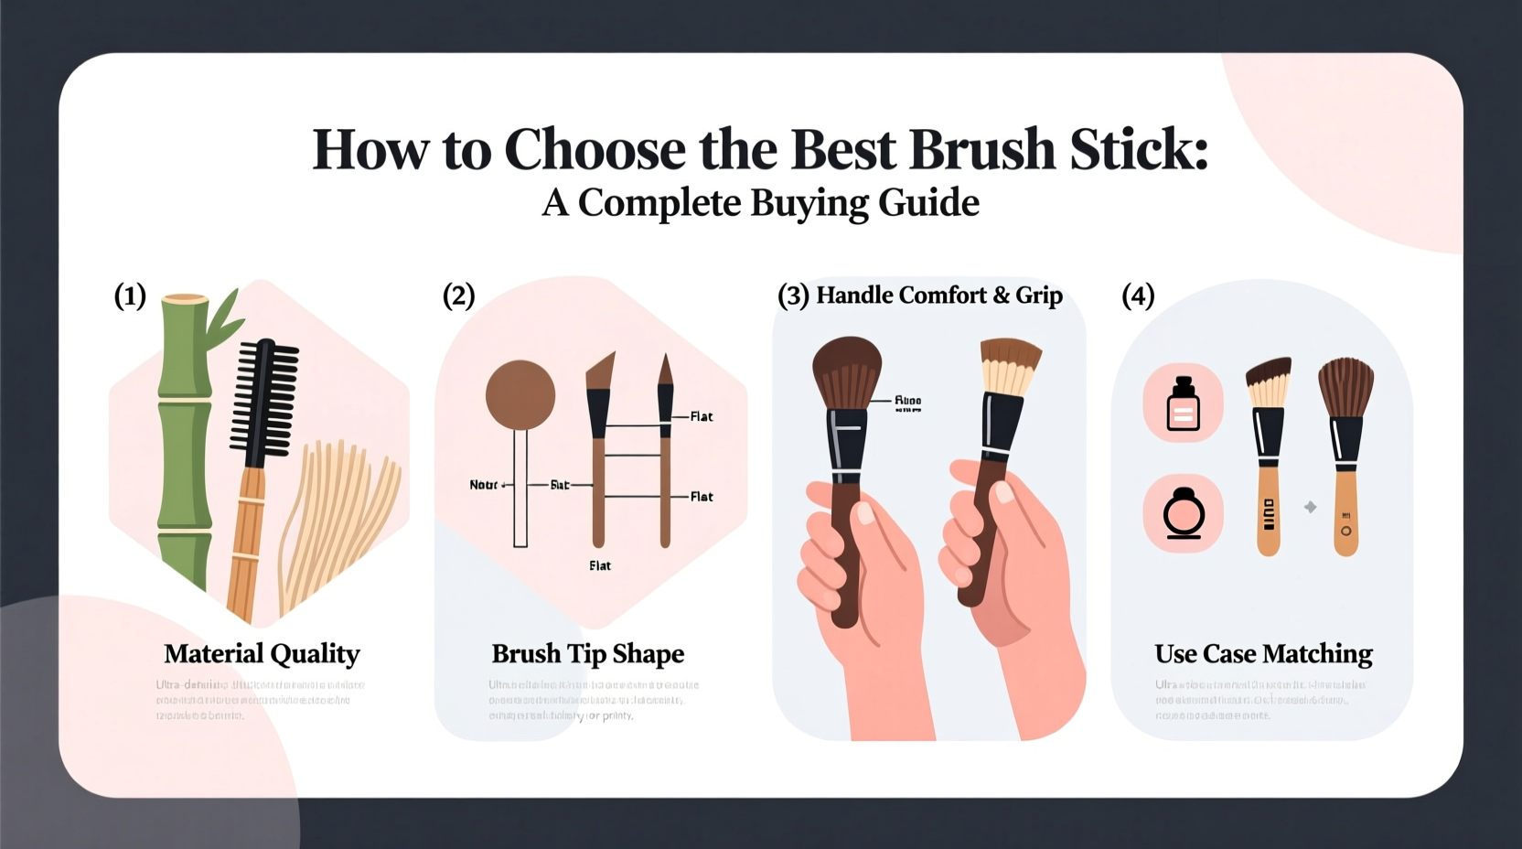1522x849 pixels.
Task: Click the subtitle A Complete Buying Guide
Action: (760, 203)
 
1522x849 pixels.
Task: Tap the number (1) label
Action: (130, 296)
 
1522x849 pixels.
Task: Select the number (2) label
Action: (458, 296)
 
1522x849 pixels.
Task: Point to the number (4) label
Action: (1138, 296)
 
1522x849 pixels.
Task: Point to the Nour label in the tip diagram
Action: (484, 485)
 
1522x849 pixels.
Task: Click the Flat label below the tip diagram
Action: (600, 565)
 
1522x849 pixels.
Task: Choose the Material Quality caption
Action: (262, 653)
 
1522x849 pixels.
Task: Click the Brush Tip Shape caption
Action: (587, 653)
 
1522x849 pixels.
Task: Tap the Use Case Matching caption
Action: (1263, 653)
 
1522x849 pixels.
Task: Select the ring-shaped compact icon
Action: (1183, 514)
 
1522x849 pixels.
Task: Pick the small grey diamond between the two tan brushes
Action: (1310, 507)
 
